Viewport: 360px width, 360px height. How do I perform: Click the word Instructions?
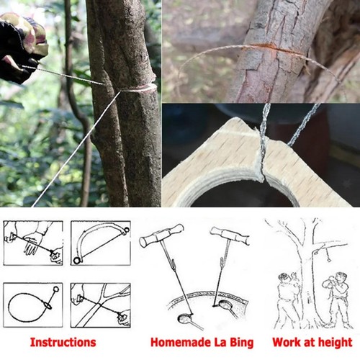pos(63,342)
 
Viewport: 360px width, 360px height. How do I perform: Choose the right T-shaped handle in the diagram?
pos(230,235)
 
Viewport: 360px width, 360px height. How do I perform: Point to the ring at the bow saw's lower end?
pos(77,260)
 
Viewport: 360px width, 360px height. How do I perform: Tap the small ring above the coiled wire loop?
pos(56,289)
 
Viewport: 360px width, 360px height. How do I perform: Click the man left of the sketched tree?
pos(287,300)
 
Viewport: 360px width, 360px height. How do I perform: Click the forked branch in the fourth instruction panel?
pos(101,305)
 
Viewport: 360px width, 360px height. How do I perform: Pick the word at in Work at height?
pos(308,343)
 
